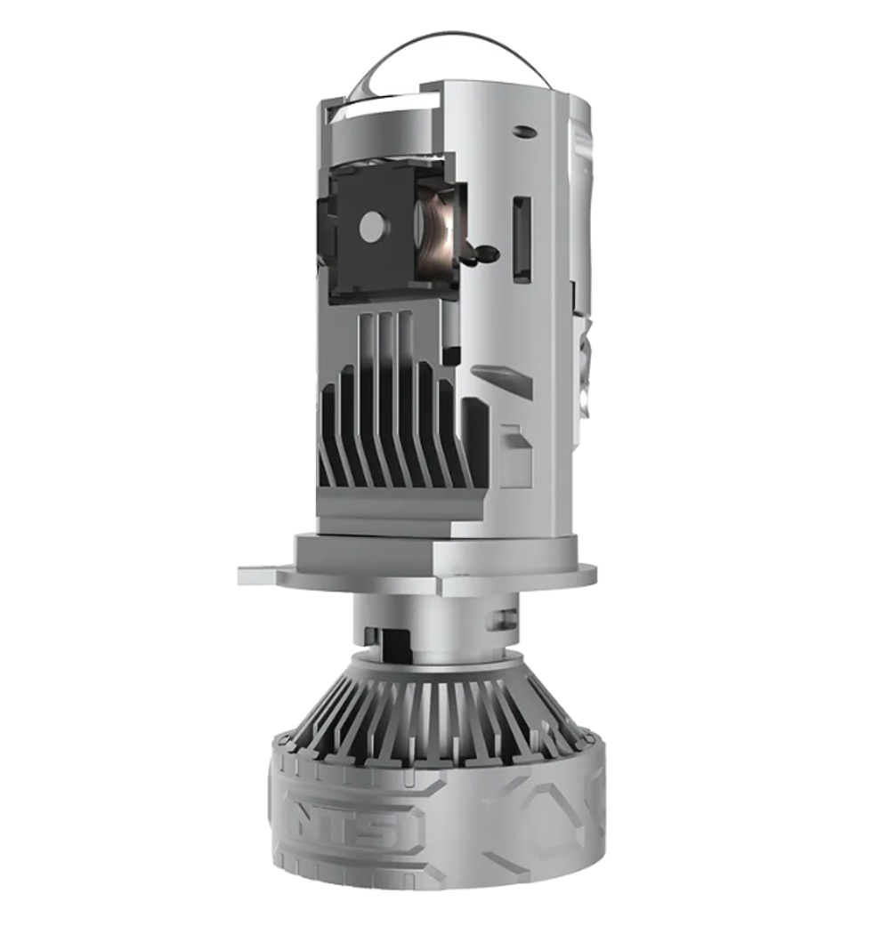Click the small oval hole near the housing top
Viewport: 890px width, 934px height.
(x=526, y=131)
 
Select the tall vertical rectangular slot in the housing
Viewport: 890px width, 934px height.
(x=522, y=239)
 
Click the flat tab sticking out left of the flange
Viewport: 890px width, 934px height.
(x=258, y=574)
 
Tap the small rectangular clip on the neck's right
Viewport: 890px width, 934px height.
(x=507, y=617)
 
